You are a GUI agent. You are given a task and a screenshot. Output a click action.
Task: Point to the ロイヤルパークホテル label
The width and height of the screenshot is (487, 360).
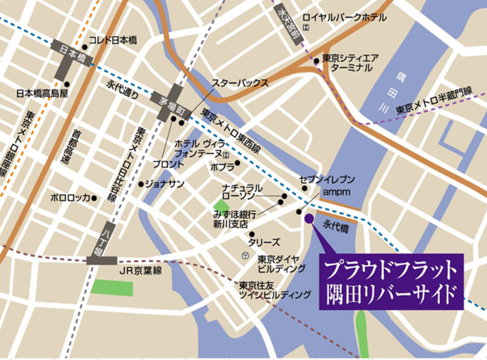pyautogui.click(x=343, y=16)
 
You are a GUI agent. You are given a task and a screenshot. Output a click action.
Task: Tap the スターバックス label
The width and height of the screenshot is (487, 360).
pyautogui.click(x=240, y=82)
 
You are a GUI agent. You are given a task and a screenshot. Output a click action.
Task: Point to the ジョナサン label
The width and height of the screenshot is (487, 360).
pyautogui.click(x=166, y=183)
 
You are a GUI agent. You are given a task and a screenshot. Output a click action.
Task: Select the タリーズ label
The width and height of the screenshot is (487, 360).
pyautogui.click(x=264, y=241)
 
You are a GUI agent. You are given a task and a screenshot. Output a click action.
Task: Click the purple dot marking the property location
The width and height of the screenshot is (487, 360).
pyautogui.click(x=309, y=219)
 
